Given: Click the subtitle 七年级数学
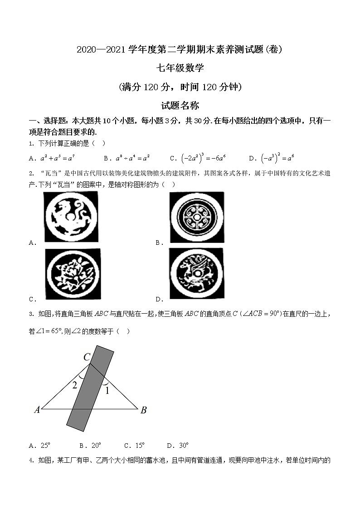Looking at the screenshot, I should pos(180,68).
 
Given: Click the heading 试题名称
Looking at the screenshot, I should pos(180,106).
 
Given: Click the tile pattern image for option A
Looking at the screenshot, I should pos(71,216).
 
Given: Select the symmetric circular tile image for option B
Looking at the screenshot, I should pos(197,218).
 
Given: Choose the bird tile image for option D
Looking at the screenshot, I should pos(196,273).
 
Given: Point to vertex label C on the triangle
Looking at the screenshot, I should pos(87,357).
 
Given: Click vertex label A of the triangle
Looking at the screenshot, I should pos(37,410).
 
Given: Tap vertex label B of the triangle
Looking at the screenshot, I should pos(143,410).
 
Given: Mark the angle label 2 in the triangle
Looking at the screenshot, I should pos(75,386).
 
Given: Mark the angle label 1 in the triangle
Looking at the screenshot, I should pos(107,391).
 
